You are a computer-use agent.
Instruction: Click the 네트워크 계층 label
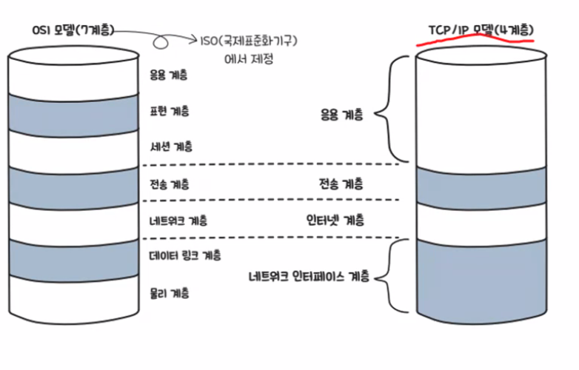point(178,220)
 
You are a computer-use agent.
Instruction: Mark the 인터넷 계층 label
point(335,220)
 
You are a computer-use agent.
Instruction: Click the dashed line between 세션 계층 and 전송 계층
point(274,164)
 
